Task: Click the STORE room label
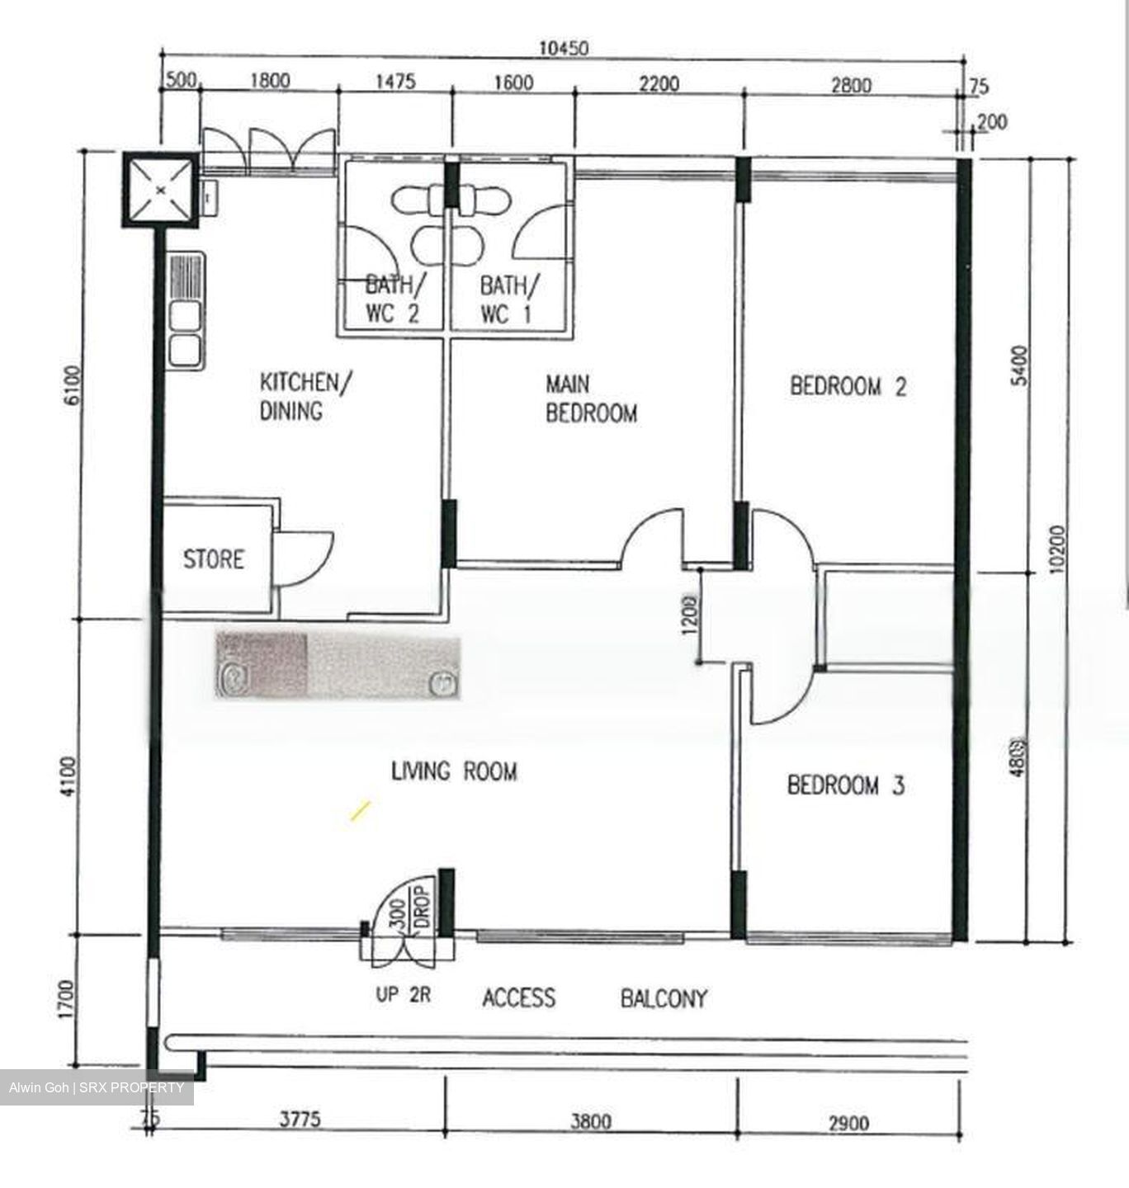[x=214, y=559]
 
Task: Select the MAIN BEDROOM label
[x=591, y=398]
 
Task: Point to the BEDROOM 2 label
[x=848, y=386]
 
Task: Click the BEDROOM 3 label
[x=845, y=785]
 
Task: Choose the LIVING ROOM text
[x=454, y=771]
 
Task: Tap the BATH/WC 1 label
[x=509, y=299]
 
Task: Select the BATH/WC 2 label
[x=394, y=299]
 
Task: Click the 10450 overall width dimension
[x=564, y=48]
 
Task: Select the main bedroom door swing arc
[x=652, y=538]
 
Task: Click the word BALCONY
[x=664, y=998]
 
